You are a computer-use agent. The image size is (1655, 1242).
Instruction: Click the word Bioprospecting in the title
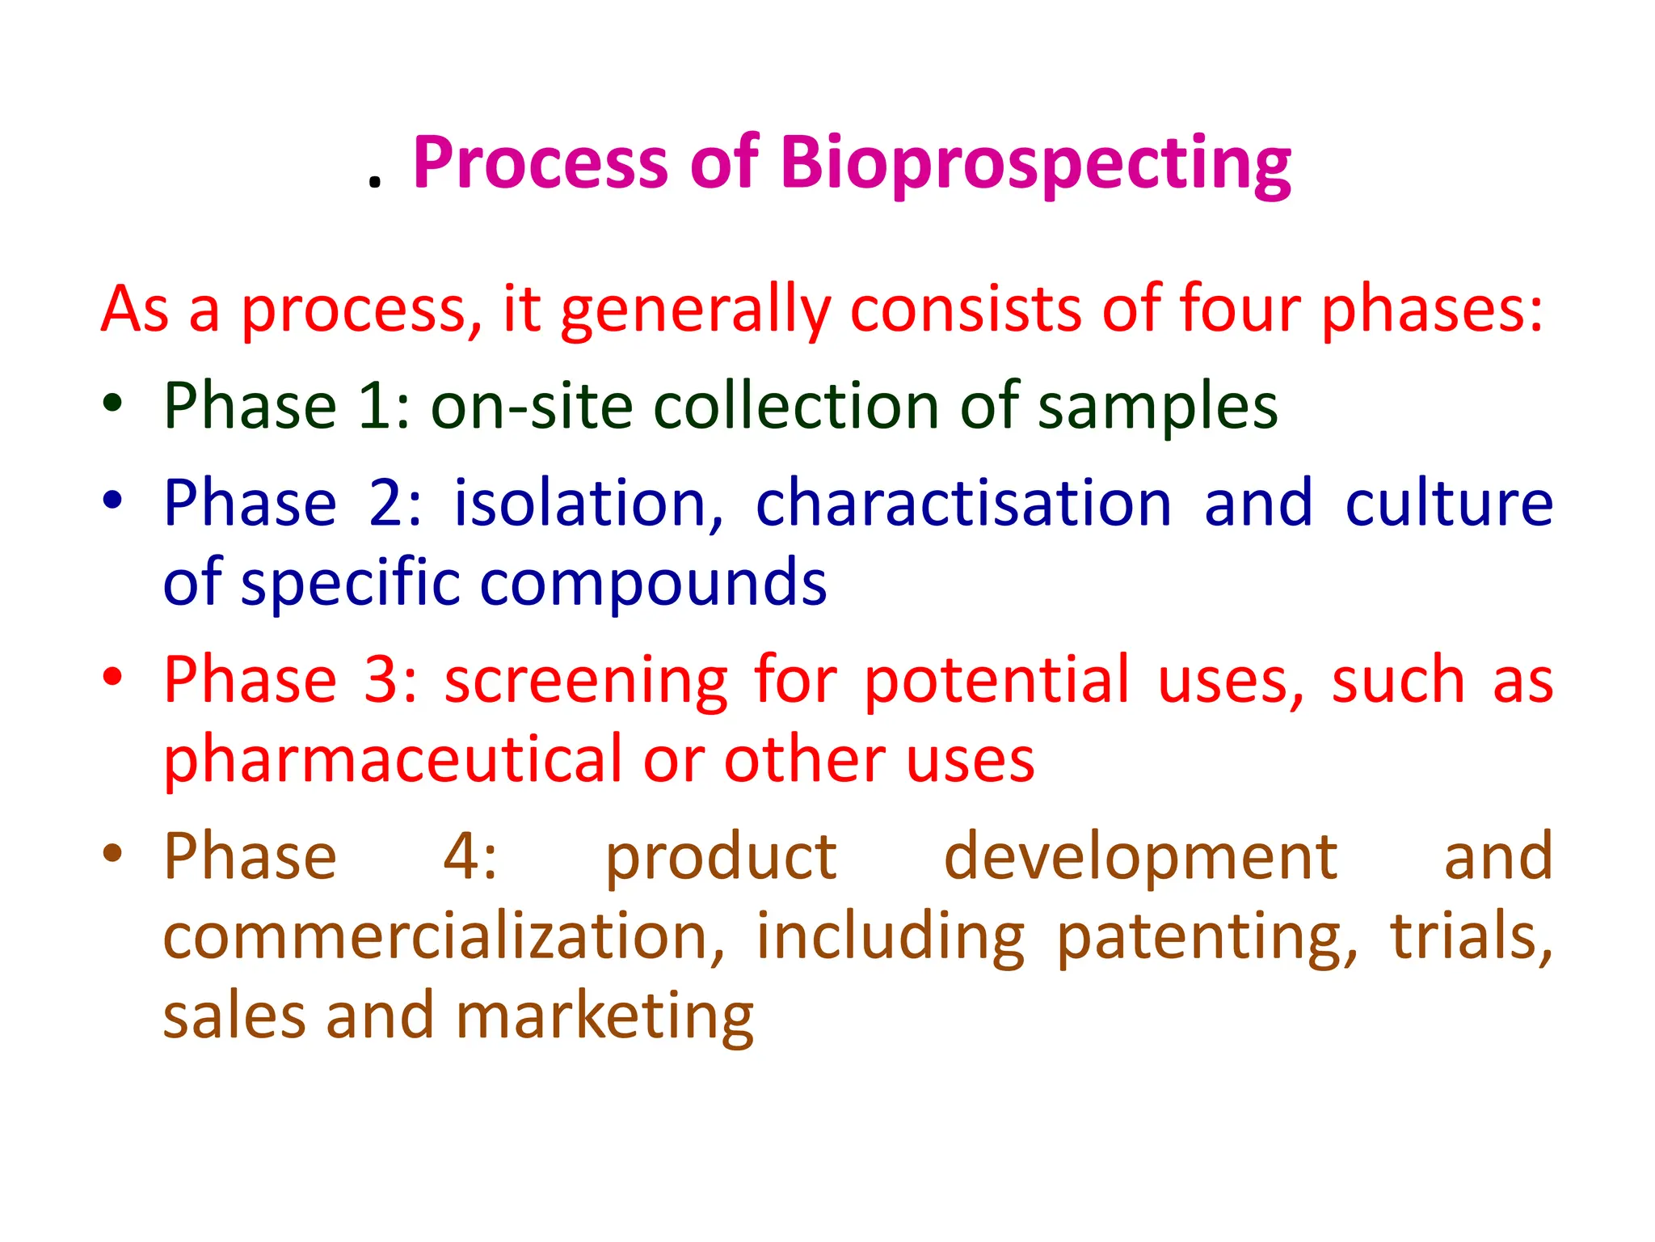[x=1035, y=164]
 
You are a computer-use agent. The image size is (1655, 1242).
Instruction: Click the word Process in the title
[x=540, y=164]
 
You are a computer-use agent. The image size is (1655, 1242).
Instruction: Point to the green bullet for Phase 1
[x=112, y=403]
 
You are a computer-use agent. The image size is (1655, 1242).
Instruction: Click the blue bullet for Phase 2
[x=112, y=499]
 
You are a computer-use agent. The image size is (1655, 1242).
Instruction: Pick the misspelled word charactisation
[x=963, y=503]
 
